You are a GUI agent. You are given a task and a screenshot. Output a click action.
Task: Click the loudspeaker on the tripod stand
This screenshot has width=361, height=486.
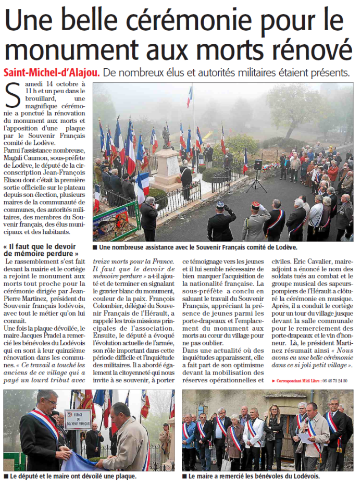click(258, 165)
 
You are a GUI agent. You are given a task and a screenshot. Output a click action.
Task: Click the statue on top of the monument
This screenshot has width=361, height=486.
click(166, 136)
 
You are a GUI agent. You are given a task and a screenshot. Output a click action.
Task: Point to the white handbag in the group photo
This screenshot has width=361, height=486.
click(226, 463)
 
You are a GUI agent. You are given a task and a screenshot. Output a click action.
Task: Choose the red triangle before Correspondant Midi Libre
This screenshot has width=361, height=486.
click(273, 381)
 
